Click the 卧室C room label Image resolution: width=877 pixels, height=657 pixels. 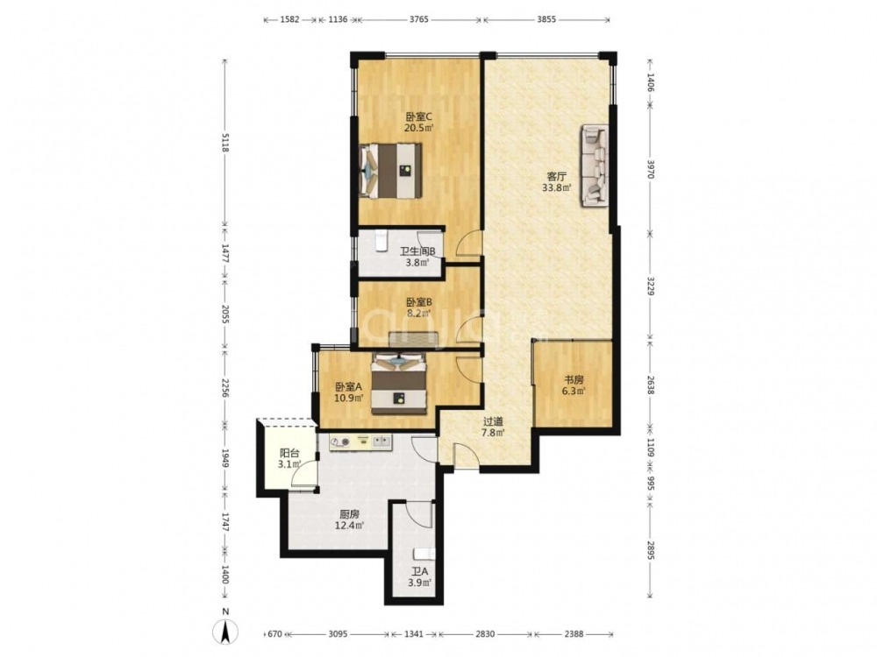tap(419, 117)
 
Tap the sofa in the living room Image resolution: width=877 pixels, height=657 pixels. tap(595, 166)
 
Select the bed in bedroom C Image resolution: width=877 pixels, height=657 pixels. tap(390, 171)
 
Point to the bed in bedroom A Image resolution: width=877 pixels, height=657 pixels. tap(399, 384)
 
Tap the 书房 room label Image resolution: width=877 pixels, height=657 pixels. tap(574, 380)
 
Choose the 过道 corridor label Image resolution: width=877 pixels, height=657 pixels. tap(493, 422)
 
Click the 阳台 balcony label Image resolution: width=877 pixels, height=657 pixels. tap(289, 454)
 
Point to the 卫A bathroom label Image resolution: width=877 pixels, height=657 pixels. tap(419, 572)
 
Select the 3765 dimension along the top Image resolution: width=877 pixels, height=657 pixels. tap(418, 19)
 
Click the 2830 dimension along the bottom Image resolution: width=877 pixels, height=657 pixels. tap(485, 634)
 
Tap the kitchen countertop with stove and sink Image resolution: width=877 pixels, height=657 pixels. tap(361, 443)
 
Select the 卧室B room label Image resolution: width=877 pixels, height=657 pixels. tap(419, 302)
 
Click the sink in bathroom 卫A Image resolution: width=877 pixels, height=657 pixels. tap(424, 555)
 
